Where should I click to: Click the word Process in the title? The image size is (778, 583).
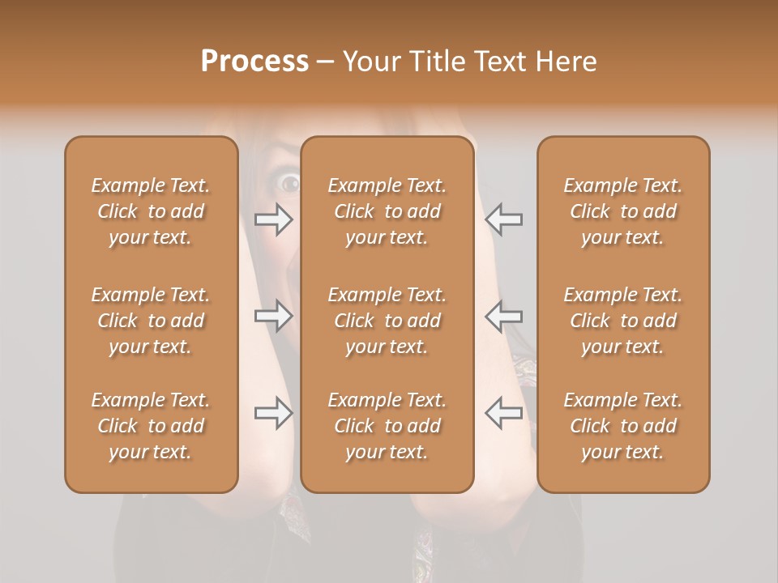tap(254, 62)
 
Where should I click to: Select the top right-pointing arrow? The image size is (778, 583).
tap(274, 219)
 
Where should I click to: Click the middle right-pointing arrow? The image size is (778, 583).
tap(274, 315)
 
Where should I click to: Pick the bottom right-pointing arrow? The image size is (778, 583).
tap(274, 412)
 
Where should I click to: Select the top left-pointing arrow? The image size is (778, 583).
tap(503, 219)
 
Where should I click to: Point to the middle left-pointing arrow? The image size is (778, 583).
tap(503, 315)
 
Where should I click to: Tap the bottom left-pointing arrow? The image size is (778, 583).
tap(503, 412)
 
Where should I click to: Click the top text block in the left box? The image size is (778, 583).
tap(151, 211)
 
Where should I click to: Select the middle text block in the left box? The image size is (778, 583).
tap(151, 321)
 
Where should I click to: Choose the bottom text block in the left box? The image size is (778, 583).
tap(151, 426)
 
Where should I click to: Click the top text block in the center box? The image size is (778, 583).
tap(387, 211)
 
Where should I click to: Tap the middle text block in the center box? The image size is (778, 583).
tap(387, 321)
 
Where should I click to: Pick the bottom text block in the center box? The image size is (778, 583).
tap(387, 426)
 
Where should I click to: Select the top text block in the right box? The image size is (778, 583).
tap(623, 211)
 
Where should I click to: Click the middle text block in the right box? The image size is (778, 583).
tap(623, 321)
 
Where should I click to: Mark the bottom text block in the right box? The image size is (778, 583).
tap(623, 426)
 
